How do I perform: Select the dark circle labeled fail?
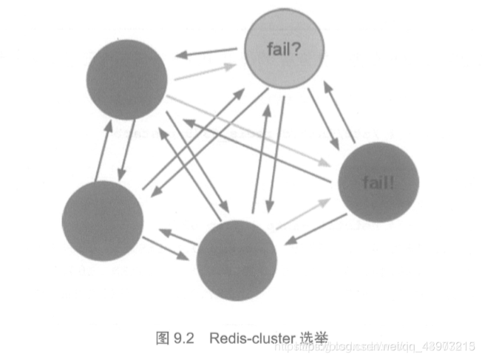[x=378, y=181]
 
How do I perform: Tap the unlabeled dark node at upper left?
[x=126, y=81]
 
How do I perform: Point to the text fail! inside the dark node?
[x=378, y=181]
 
